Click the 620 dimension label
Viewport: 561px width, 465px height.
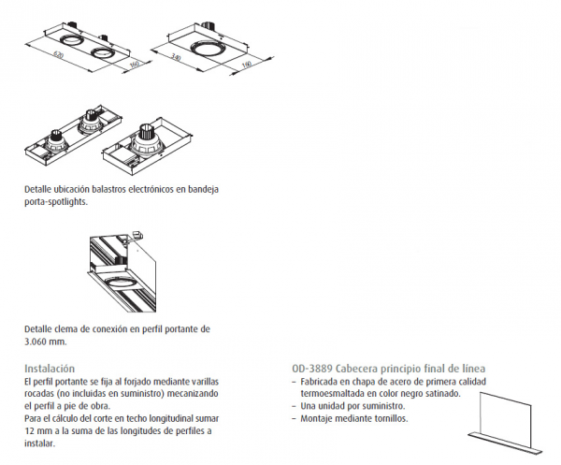58,55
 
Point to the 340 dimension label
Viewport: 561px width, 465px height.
176,56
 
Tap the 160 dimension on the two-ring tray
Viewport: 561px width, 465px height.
134,65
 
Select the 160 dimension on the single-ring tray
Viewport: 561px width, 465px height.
247,65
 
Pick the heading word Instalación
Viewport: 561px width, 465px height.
50,369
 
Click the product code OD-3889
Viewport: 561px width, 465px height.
312,369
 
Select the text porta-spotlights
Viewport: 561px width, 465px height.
56,202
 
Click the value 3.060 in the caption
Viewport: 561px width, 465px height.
36,341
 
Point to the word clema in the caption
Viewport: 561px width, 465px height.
66,329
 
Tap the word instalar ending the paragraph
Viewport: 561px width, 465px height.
39,443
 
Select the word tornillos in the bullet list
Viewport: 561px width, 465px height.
391,418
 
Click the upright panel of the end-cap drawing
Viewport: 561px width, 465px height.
505,413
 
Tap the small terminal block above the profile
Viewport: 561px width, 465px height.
137,235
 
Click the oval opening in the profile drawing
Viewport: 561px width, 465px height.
121,283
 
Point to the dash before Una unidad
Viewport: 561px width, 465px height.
294,406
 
